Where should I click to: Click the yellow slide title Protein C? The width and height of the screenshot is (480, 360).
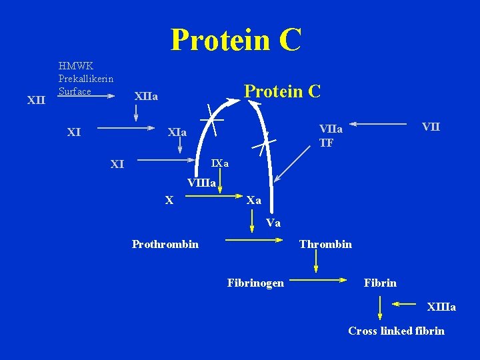click(x=236, y=39)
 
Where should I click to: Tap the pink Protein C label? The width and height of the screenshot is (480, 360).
click(x=283, y=91)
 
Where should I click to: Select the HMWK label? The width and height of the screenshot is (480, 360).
click(x=75, y=66)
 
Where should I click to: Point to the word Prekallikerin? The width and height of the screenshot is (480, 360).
click(x=86, y=79)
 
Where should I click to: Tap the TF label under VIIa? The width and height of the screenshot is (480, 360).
click(x=327, y=142)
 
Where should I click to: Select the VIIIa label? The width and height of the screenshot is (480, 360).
click(x=201, y=182)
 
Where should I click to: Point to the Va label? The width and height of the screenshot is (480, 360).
click(x=273, y=223)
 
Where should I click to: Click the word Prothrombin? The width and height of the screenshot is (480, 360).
click(x=165, y=244)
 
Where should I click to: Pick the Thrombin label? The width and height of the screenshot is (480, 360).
click(x=325, y=244)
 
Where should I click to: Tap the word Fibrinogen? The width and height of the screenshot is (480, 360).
click(x=255, y=283)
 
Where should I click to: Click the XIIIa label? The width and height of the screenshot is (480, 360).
click(x=441, y=307)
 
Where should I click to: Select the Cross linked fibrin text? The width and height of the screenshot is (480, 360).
click(x=396, y=331)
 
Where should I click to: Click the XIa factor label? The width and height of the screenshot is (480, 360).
click(x=177, y=133)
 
